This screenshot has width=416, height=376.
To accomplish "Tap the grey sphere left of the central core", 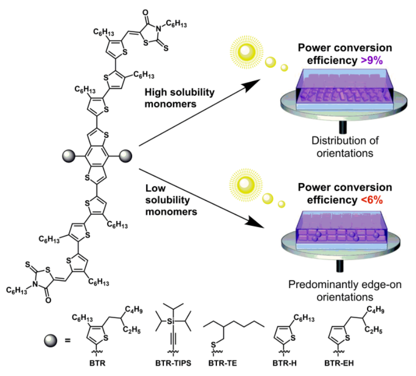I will click(68, 154).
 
